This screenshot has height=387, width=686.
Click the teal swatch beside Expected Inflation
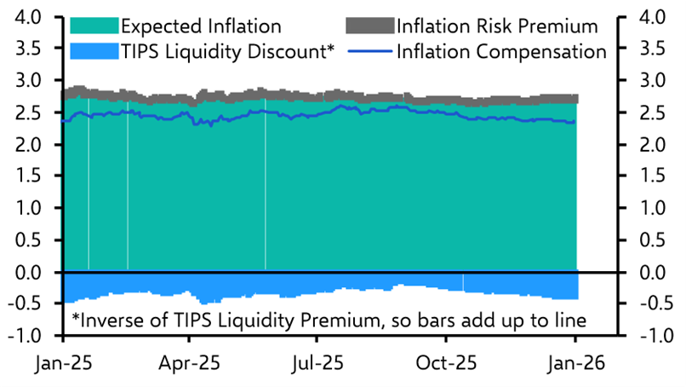pyautogui.click(x=83, y=26)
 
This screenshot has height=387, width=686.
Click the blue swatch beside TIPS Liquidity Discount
pyautogui.click(x=83, y=52)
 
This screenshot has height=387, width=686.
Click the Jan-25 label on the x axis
pyautogui.click(x=61, y=362)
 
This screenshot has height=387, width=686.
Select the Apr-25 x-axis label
pyautogui.click(x=189, y=362)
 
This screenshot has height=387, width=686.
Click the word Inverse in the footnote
pyautogui.click(x=110, y=321)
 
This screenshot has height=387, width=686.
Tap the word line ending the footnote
pyautogui.click(x=569, y=321)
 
